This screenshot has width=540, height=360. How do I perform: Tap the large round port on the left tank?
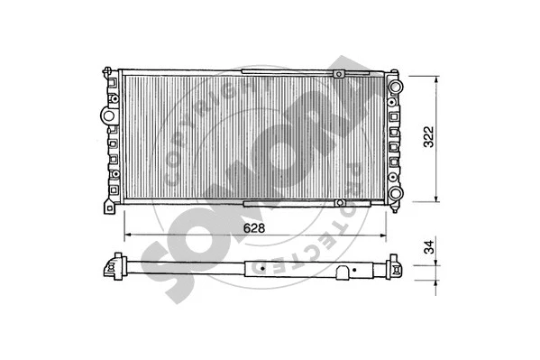tap(107, 116)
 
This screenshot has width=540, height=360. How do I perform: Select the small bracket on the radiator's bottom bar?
tap(270, 201)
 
